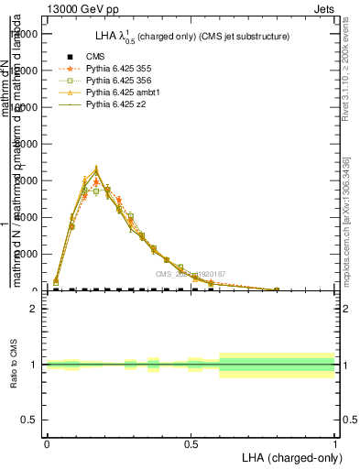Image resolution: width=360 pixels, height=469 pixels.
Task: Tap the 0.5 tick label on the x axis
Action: tap(191, 443)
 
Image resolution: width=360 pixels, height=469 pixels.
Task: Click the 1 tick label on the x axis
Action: tap(335, 443)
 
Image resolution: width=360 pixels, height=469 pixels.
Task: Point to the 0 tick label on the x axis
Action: tap(47, 443)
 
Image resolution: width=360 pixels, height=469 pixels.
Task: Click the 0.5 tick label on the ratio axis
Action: tap(30, 420)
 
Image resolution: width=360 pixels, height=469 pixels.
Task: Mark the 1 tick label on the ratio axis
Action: tap(34, 365)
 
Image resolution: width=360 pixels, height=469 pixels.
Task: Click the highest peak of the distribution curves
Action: tap(96, 169)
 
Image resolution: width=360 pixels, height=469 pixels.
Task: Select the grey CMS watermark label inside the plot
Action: tap(191, 274)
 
